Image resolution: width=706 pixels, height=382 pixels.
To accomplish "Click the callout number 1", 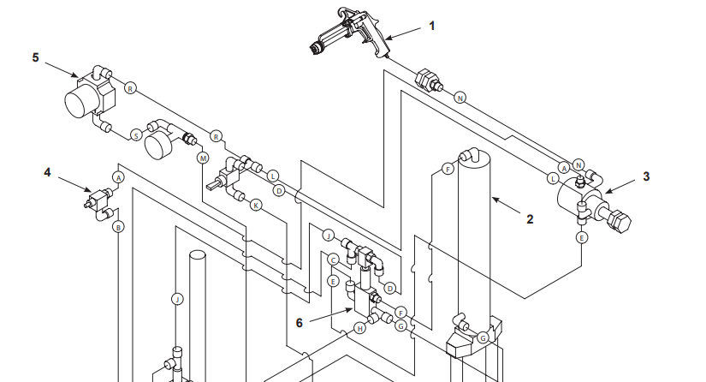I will [x=432, y=27].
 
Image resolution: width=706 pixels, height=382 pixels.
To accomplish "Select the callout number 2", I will [x=530, y=218].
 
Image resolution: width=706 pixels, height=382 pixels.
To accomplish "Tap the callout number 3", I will [x=646, y=176].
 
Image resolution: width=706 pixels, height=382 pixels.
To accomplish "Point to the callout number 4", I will [x=48, y=172].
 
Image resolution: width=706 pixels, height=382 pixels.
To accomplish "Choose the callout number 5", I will [x=35, y=57].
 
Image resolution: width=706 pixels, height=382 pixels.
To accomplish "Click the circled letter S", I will [x=135, y=134].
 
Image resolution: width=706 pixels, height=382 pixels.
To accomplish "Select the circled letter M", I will [x=203, y=158].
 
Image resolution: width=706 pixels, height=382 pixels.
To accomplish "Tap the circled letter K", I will [x=255, y=205].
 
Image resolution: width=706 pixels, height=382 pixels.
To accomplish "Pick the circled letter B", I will [x=118, y=227].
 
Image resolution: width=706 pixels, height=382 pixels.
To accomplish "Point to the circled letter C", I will [x=333, y=259].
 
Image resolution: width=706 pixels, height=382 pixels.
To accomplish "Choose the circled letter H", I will [x=360, y=327].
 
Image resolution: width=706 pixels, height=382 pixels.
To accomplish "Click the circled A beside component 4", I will [x=118, y=176].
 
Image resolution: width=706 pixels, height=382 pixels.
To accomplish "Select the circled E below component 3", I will [x=582, y=237].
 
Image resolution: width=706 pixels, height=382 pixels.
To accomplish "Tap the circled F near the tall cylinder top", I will [x=447, y=170].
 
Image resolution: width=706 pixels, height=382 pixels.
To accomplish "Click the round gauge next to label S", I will [x=160, y=140].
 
